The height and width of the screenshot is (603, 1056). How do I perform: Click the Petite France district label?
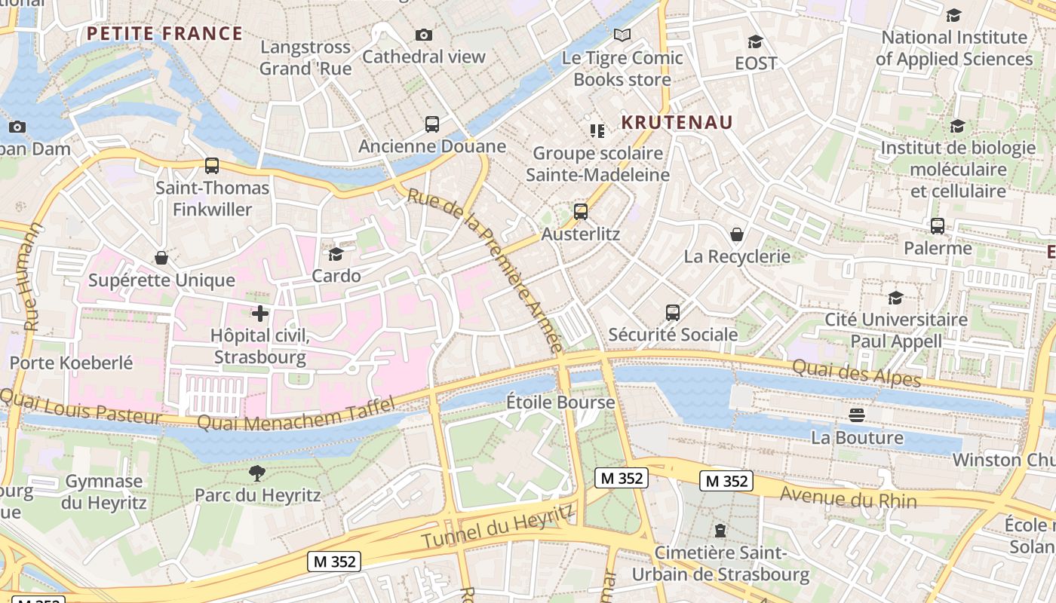[164, 34]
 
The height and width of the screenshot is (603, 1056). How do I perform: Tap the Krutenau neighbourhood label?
[677, 122]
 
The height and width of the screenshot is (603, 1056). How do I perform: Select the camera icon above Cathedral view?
[424, 35]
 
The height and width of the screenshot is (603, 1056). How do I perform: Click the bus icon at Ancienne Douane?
[432, 124]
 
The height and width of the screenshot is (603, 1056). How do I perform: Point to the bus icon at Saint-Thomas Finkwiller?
[212, 166]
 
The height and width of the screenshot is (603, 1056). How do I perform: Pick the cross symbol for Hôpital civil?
[260, 314]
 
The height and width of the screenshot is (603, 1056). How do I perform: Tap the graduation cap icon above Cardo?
[336, 255]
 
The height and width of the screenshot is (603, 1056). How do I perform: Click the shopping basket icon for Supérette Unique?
[161, 259]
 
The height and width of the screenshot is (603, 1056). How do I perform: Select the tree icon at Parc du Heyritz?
[257, 473]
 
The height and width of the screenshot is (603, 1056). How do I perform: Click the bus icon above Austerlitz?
[580, 212]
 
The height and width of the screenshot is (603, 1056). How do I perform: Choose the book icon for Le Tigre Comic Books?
[622, 35]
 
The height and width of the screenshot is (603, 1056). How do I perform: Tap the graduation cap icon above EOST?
[755, 41]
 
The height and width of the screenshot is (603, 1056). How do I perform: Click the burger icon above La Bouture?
[856, 415]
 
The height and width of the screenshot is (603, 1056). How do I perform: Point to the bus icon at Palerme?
[938, 226]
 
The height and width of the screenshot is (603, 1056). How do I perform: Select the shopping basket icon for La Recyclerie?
[737, 234]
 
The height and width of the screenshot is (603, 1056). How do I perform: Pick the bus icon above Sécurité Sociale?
[672, 312]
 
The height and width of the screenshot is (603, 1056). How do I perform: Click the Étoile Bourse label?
[560, 403]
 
